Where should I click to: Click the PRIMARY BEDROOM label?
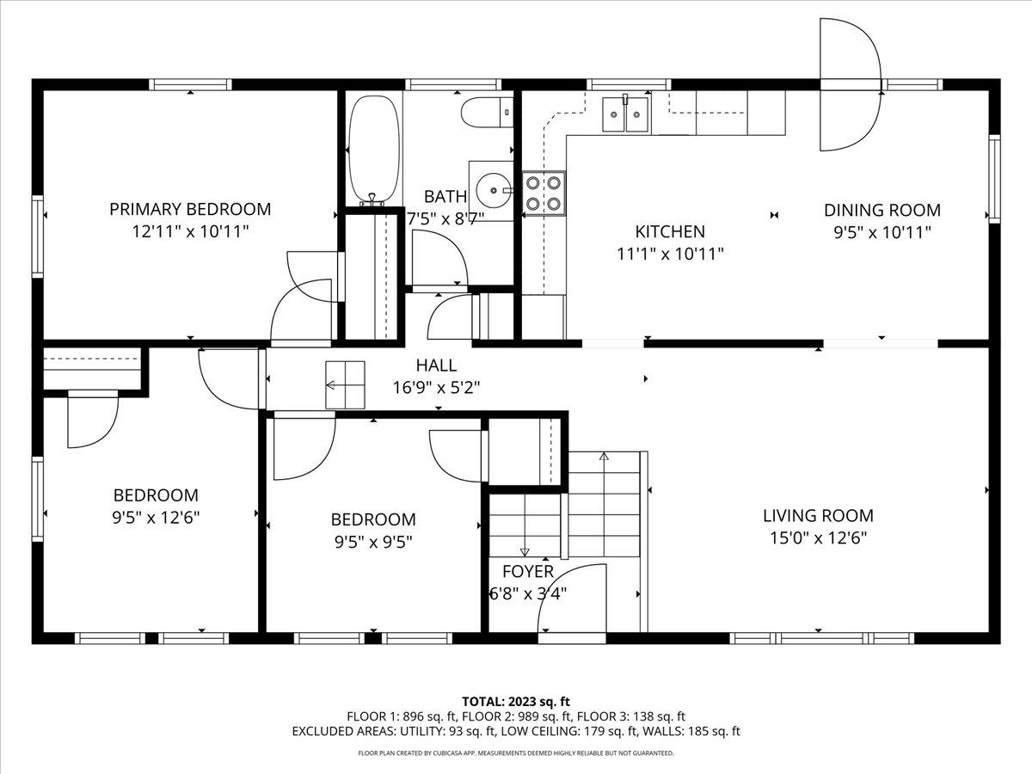[x=190, y=209]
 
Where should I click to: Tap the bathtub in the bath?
[x=374, y=150]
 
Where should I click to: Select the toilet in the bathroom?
[x=487, y=112]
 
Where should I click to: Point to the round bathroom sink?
[x=494, y=190]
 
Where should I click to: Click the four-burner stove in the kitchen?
[x=544, y=193]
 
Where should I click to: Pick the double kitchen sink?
[x=625, y=114]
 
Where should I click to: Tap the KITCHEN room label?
[x=670, y=231]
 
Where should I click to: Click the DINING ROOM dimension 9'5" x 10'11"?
[x=882, y=232]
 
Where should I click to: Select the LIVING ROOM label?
[x=818, y=515]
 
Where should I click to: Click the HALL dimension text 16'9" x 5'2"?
[x=436, y=388]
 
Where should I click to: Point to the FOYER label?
[x=528, y=571]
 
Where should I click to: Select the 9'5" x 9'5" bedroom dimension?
[x=373, y=543]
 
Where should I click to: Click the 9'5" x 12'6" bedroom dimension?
[x=156, y=518]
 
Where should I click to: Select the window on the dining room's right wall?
[x=994, y=179]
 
